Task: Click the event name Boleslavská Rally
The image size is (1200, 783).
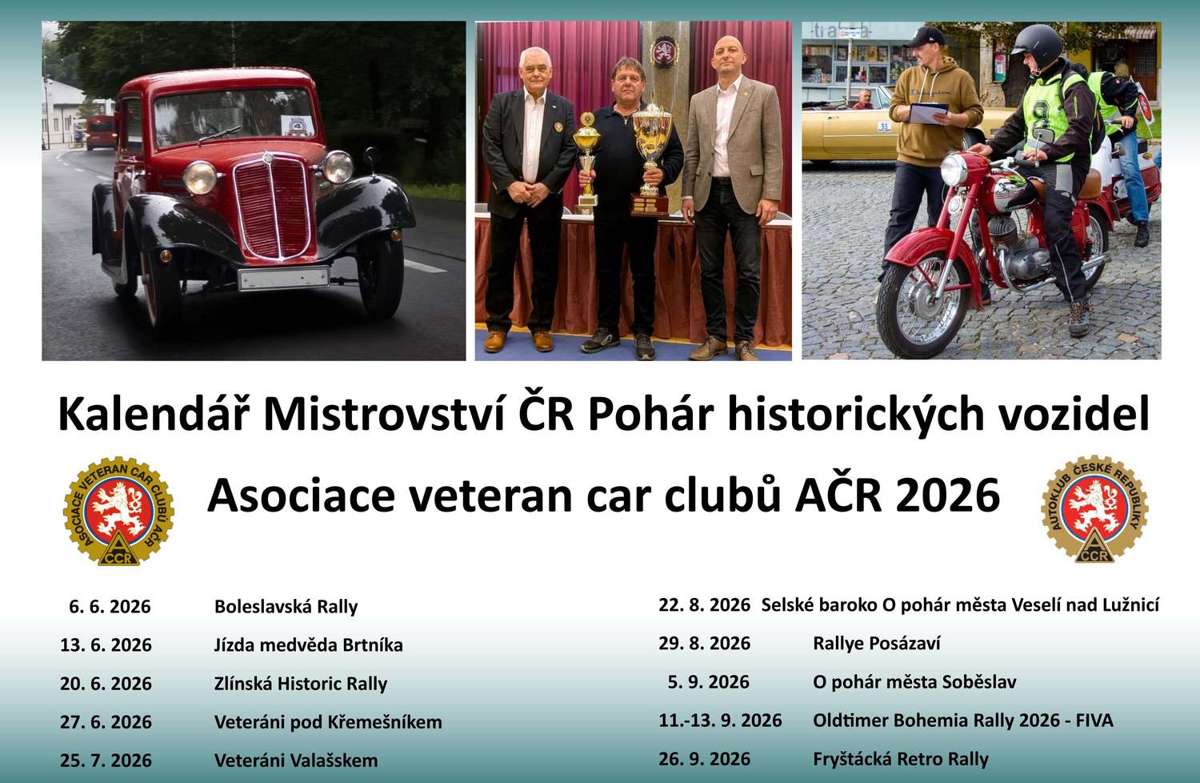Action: [x=286, y=607]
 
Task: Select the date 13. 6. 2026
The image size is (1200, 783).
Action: [x=106, y=644]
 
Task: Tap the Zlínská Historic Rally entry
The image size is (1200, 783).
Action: [x=301, y=684]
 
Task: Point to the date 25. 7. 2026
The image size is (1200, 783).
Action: [x=106, y=761]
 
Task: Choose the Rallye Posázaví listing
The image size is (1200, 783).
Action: [x=877, y=644]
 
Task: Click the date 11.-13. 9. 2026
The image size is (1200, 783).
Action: [x=720, y=721]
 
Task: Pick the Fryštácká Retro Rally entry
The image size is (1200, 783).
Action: [x=901, y=760]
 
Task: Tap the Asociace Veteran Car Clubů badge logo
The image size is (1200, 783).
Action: [x=118, y=511]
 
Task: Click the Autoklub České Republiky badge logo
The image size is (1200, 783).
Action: [x=1094, y=509]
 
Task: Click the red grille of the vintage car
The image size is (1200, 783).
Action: [x=274, y=209]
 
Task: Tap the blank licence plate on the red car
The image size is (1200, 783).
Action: [x=283, y=279]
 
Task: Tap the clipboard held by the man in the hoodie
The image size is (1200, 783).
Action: [x=928, y=113]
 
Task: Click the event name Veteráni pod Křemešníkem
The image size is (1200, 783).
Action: [x=328, y=722]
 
